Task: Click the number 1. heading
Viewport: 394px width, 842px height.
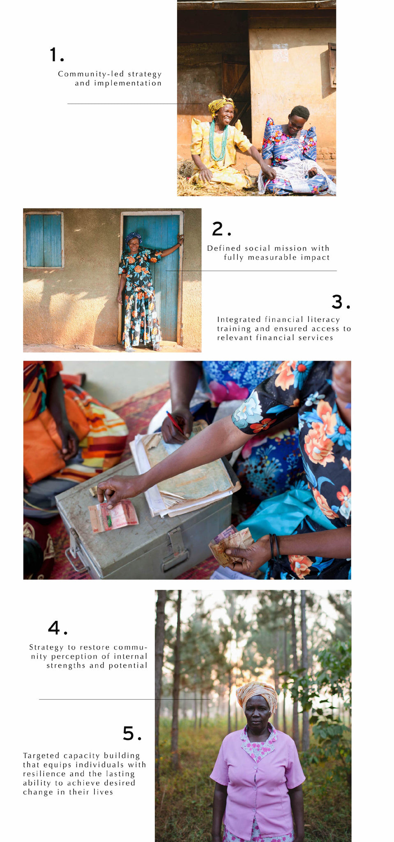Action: [x=57, y=55]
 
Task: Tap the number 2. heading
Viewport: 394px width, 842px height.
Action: [x=221, y=229]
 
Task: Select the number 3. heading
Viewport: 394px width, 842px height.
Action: [x=341, y=302]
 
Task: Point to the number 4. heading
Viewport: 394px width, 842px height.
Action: [x=58, y=628]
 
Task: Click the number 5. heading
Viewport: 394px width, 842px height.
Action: [x=132, y=733]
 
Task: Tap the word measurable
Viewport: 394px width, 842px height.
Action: [x=272, y=257]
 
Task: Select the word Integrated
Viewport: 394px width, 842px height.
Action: [x=239, y=320]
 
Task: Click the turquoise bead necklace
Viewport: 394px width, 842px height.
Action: [x=218, y=140]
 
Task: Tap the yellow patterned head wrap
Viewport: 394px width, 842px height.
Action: [x=221, y=104]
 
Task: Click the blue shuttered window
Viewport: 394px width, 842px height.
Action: [x=44, y=240]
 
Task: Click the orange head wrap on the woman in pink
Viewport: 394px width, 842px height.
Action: [x=256, y=694]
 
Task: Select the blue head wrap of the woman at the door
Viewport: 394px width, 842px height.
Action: [x=133, y=237]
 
